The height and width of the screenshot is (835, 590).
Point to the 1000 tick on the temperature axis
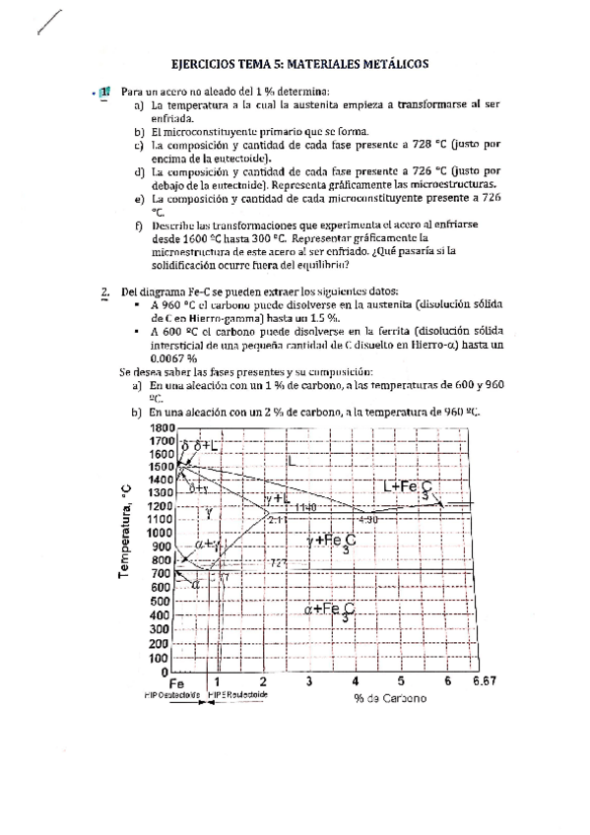point(160,533)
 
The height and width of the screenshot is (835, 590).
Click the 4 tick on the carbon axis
point(355,680)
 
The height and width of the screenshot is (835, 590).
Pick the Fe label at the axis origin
point(176,681)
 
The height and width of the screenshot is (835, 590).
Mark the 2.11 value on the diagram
point(276,518)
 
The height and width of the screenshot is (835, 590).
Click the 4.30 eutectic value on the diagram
point(367,518)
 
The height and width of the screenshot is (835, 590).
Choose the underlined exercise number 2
point(104,292)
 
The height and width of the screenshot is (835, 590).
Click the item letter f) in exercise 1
point(138,225)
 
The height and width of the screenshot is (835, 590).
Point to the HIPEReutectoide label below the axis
point(237,693)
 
